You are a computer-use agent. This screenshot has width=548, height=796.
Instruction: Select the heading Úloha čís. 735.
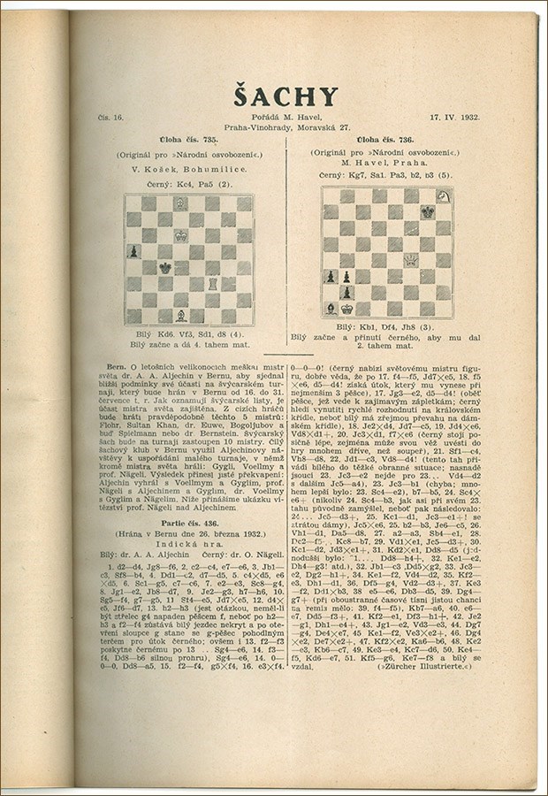click(x=188, y=140)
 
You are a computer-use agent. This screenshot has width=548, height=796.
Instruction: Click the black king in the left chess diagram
click(x=164, y=267)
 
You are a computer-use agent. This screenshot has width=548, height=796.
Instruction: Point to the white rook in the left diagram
click(x=212, y=283)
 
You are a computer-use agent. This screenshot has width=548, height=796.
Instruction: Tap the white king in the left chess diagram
click(x=180, y=235)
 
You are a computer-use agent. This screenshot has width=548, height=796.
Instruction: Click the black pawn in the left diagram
click(x=133, y=251)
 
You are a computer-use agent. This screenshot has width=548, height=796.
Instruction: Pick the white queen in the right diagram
click(x=411, y=260)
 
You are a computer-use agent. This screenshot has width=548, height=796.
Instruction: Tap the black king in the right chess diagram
click(x=427, y=212)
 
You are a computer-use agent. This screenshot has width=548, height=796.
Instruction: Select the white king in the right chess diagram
click(x=347, y=309)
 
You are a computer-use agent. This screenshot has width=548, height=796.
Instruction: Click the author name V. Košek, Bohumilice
click(x=188, y=167)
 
